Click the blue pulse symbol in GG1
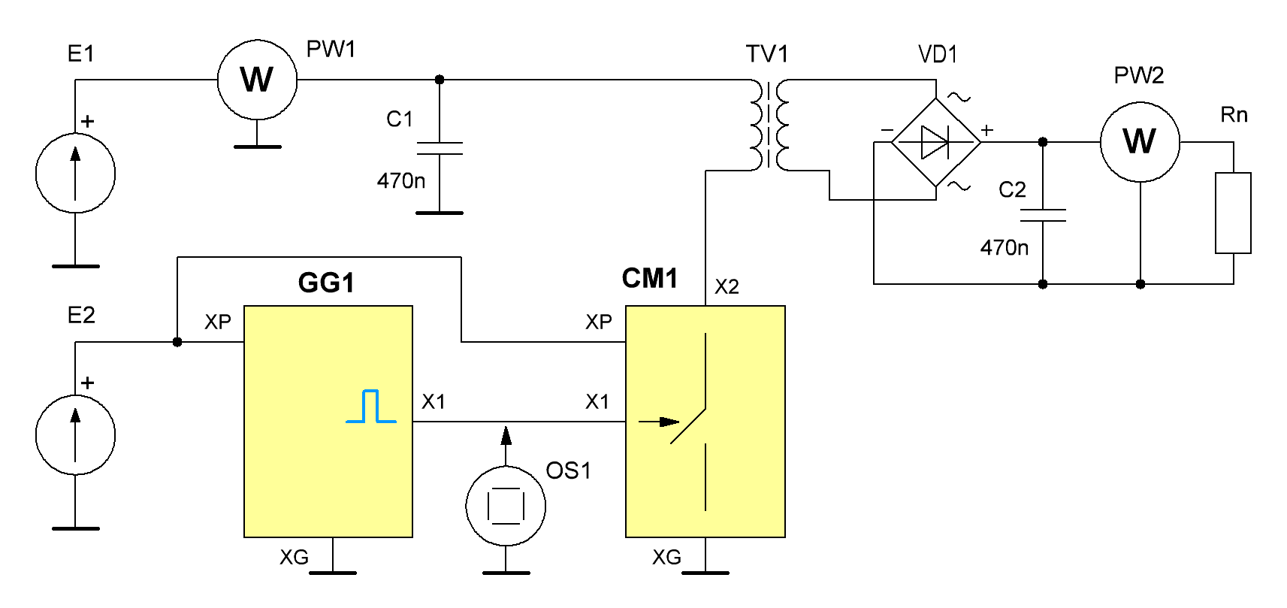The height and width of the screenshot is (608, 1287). click(x=371, y=407)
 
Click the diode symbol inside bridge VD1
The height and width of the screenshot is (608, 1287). click(x=935, y=142)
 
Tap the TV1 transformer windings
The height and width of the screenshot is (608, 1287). click(x=770, y=126)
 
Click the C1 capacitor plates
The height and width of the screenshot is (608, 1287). click(x=440, y=148)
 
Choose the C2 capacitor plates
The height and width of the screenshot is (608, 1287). click(x=1043, y=215)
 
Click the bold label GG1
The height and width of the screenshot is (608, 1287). click(x=326, y=283)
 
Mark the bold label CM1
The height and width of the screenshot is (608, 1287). click(x=650, y=278)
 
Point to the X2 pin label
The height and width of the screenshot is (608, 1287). click(x=727, y=287)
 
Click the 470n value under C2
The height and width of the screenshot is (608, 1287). click(x=1005, y=248)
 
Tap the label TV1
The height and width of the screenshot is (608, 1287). click(x=767, y=54)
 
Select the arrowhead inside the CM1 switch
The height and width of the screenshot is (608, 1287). click(x=670, y=422)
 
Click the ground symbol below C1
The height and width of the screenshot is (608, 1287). click(x=440, y=213)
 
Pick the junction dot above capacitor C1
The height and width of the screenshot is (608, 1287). click(x=440, y=80)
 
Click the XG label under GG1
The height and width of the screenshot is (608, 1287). click(x=295, y=557)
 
